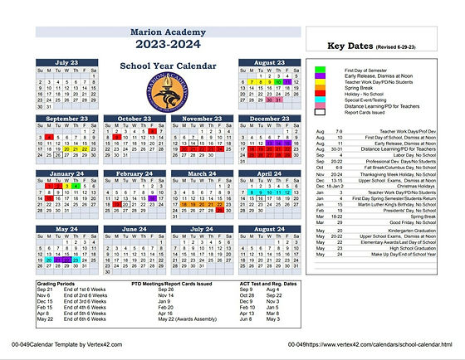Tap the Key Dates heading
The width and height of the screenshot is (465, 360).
pos(352,46)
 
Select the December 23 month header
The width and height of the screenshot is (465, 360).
pos(269,119)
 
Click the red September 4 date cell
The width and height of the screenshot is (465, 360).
pos(50,137)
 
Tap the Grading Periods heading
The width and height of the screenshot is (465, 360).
pos(55,283)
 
